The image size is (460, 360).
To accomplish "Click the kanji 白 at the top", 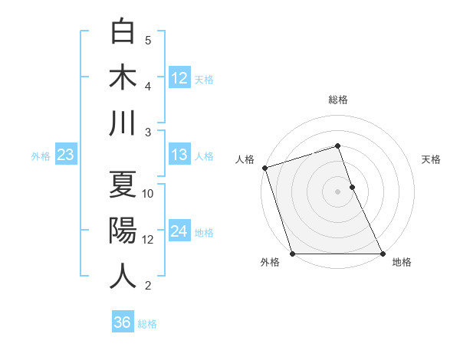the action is pyautogui.click(x=123, y=31).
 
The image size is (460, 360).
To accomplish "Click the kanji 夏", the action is pyautogui.click(x=123, y=185).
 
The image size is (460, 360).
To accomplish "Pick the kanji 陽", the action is pyautogui.click(x=123, y=231).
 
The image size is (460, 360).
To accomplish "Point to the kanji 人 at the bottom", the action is pyautogui.click(x=123, y=277).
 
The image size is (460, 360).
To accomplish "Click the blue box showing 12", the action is pyautogui.click(x=179, y=78).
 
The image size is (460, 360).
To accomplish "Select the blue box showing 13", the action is pyautogui.click(x=179, y=155).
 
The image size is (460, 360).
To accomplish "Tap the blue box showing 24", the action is pyautogui.click(x=179, y=231).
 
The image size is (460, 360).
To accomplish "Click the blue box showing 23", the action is pyautogui.click(x=65, y=155).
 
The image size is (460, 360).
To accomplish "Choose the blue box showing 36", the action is pyautogui.click(x=122, y=322).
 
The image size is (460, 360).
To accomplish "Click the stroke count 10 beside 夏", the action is pyautogui.click(x=148, y=194).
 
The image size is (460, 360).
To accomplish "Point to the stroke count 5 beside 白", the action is pyautogui.click(x=148, y=41).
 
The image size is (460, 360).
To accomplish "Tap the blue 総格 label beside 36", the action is pyautogui.click(x=147, y=324).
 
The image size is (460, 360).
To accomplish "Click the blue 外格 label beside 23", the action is pyautogui.click(x=41, y=156).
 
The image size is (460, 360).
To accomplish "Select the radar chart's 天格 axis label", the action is pyautogui.click(x=431, y=159).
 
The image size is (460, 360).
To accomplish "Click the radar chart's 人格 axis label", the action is pyautogui.click(x=245, y=159).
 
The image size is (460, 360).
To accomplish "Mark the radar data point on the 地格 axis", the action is pyautogui.click(x=382, y=254).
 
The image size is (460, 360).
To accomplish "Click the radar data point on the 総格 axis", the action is pyautogui.click(x=337, y=146).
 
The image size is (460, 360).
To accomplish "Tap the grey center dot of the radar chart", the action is pyautogui.click(x=337, y=191).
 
